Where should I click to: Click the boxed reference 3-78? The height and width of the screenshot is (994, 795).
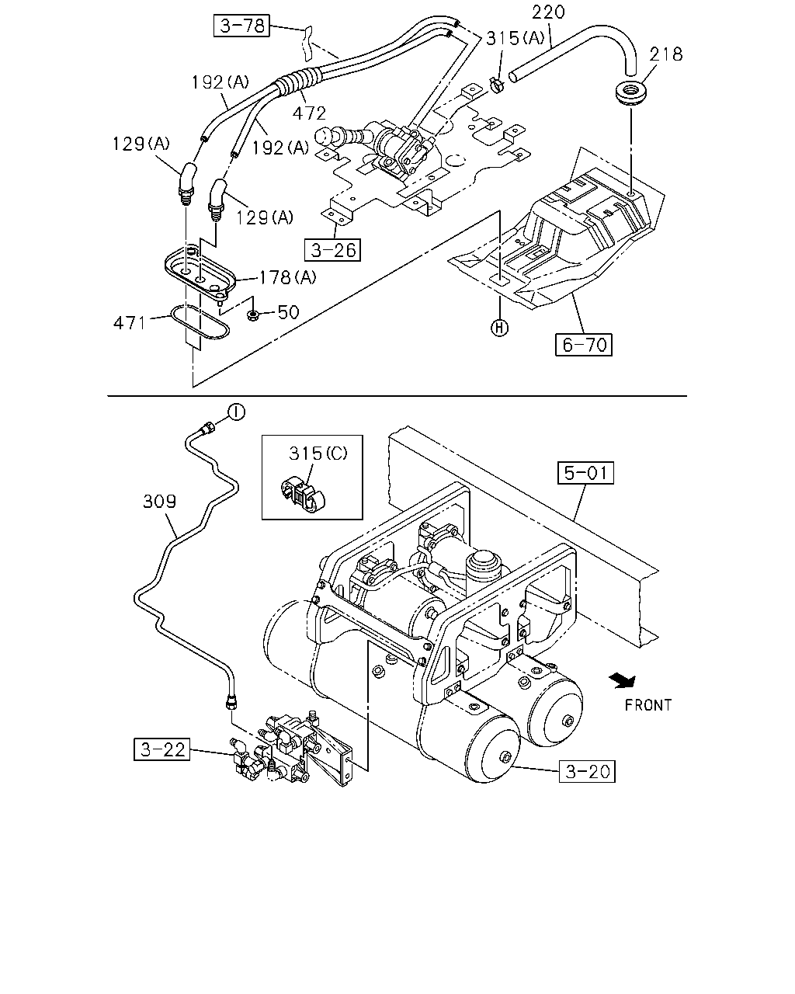[x=241, y=26]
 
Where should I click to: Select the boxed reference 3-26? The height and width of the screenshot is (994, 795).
[x=332, y=250]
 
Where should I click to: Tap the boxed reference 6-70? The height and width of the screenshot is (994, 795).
[x=583, y=345]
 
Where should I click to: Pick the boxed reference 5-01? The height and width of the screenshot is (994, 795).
[x=585, y=472]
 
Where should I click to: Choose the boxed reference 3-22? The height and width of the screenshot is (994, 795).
[x=161, y=749]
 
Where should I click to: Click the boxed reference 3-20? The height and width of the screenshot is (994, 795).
[x=587, y=771]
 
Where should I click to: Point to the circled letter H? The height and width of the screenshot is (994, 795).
[x=499, y=328]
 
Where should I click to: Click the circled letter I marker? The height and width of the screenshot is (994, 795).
[x=237, y=412]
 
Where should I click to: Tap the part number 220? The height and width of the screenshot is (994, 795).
[x=548, y=12]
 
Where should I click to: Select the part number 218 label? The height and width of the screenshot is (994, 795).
[x=665, y=54]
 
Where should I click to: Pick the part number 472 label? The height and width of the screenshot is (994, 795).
[x=310, y=113]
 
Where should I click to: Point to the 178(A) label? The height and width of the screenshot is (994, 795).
[x=288, y=277]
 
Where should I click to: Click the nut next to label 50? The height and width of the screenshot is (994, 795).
[x=252, y=316]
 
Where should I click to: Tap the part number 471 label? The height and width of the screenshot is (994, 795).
[x=130, y=323]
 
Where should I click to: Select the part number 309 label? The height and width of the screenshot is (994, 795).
[x=159, y=502]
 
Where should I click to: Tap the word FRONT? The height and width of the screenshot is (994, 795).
[x=648, y=705]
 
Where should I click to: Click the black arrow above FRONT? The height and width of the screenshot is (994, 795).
[x=623, y=680]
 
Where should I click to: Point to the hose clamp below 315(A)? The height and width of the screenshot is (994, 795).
[x=497, y=85]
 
